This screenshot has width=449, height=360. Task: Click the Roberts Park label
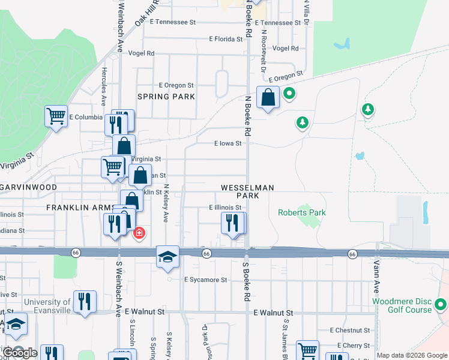click(301, 212)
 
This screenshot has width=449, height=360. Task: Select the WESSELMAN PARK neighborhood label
click(247, 191)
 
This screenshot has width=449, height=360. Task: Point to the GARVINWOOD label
click(29, 187)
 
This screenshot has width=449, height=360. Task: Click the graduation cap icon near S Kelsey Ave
click(167, 257)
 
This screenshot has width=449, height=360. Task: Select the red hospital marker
click(139, 232)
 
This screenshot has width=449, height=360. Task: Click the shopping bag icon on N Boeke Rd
click(268, 97)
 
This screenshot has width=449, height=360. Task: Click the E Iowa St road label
click(228, 144)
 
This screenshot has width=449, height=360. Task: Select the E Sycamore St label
click(206, 280)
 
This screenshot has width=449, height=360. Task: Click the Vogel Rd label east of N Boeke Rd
click(285, 48)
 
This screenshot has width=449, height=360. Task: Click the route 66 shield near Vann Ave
click(352, 254)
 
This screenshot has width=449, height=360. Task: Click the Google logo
click(19, 352)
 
